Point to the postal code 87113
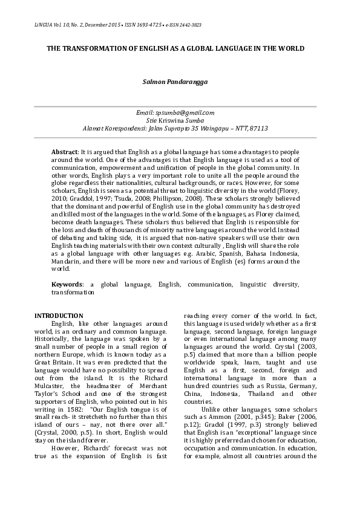click(x=258, y=128)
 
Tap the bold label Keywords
click(x=67, y=284)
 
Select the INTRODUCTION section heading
click(x=59, y=316)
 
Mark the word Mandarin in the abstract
click(x=67, y=261)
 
